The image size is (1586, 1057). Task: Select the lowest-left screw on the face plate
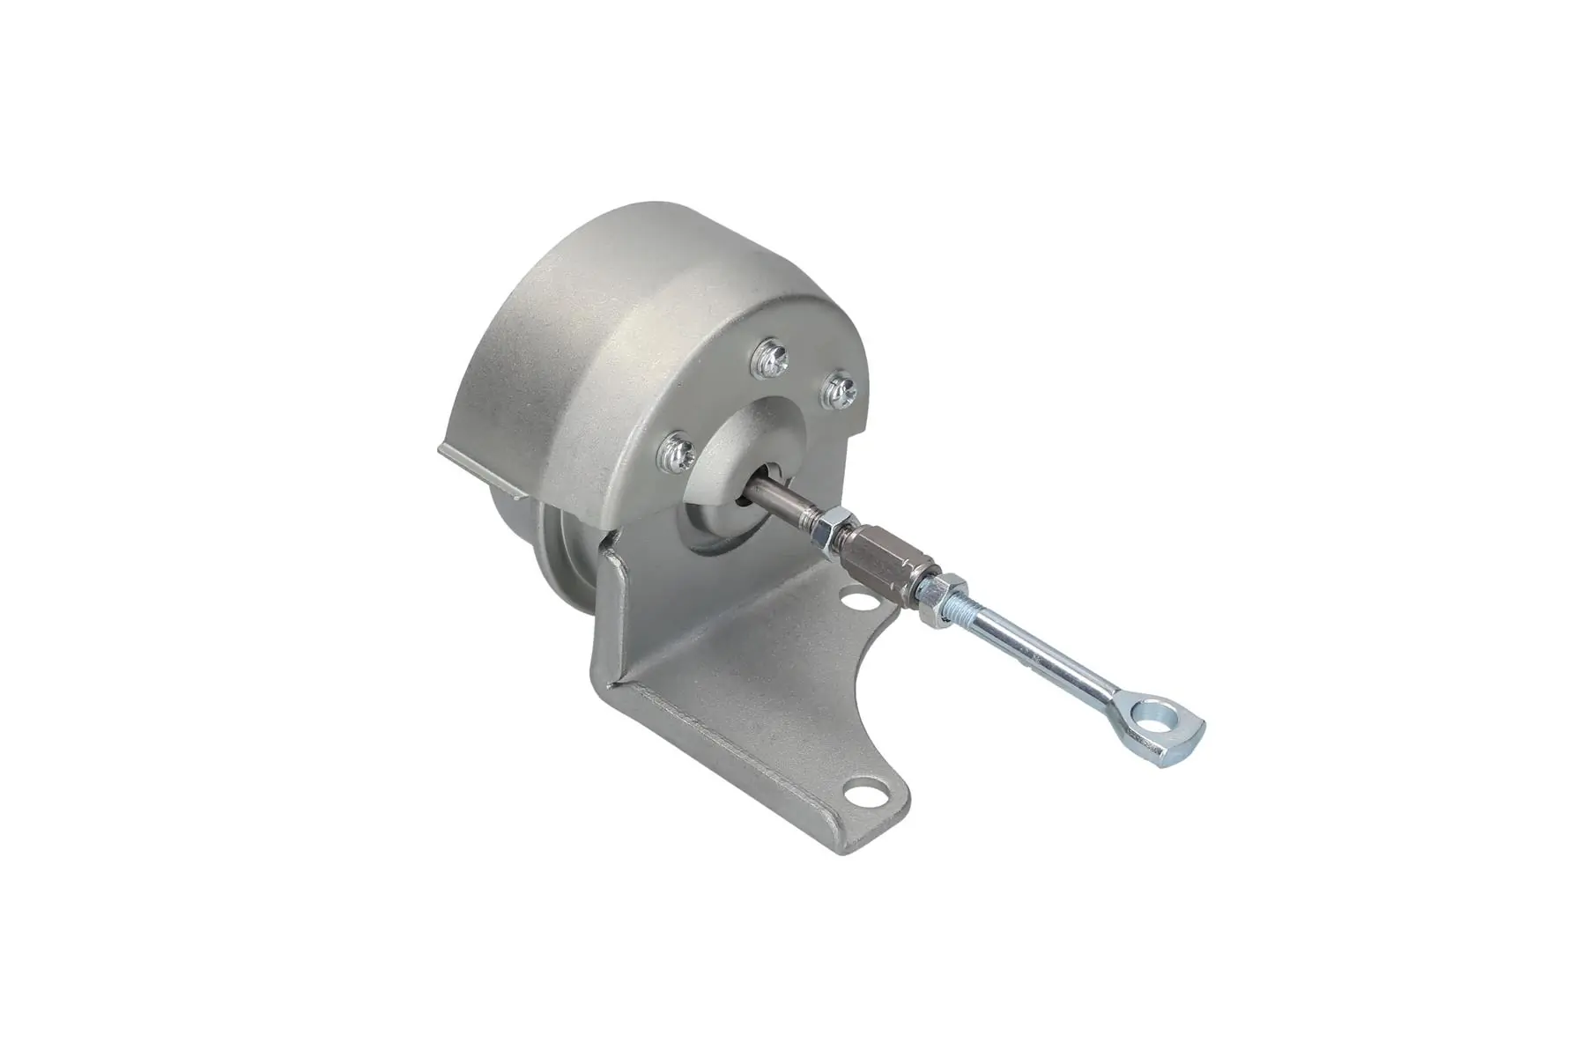pos(679,455)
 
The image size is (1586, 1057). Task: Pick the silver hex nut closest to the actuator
pos(830,532)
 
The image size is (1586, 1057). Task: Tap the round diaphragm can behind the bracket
pos(529,537)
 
